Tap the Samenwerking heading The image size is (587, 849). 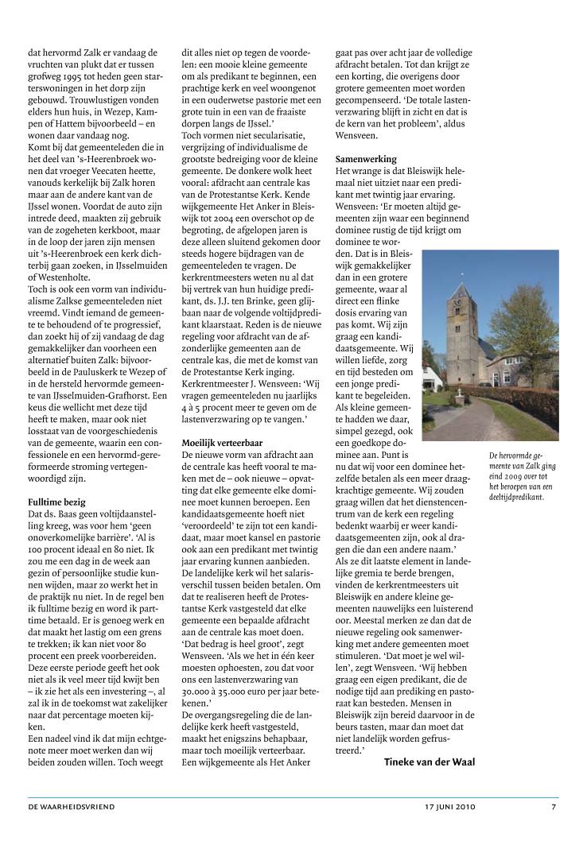coord(366,159)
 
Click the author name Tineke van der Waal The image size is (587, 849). coord(429,762)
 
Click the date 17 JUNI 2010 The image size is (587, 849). coord(449,807)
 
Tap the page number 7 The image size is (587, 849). coord(554,807)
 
